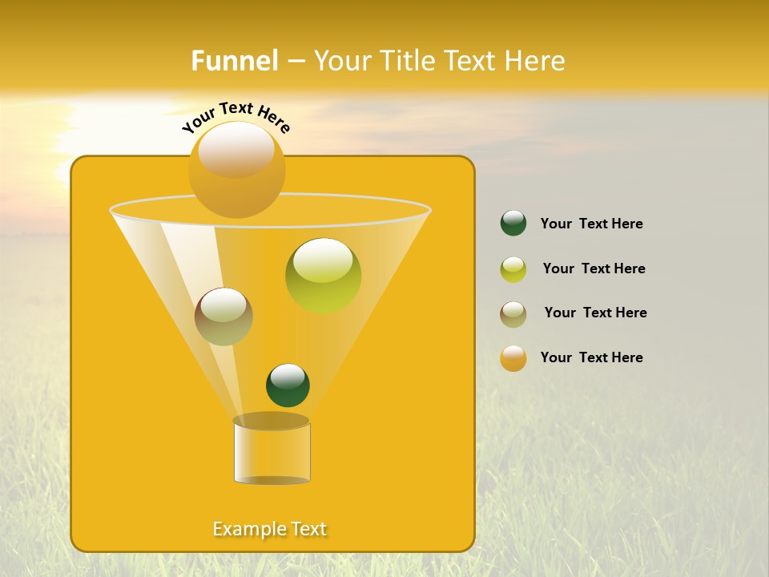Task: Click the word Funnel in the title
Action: pos(235,61)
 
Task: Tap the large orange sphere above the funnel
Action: pos(236,169)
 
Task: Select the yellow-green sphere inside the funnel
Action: pos(323,276)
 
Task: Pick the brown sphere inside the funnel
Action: pos(223,317)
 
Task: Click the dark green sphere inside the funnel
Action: pos(288,385)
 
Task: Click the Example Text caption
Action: pos(270,529)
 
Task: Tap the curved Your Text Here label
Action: pos(236,118)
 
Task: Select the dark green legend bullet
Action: pos(513,224)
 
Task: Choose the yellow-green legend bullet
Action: pos(513,269)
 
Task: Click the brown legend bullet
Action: pos(513,314)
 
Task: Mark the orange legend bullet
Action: pos(513,358)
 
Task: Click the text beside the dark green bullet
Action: pos(591,224)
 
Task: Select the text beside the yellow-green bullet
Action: pos(594,268)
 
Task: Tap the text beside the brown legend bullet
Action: pos(595,313)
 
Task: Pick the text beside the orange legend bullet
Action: pos(591,357)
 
